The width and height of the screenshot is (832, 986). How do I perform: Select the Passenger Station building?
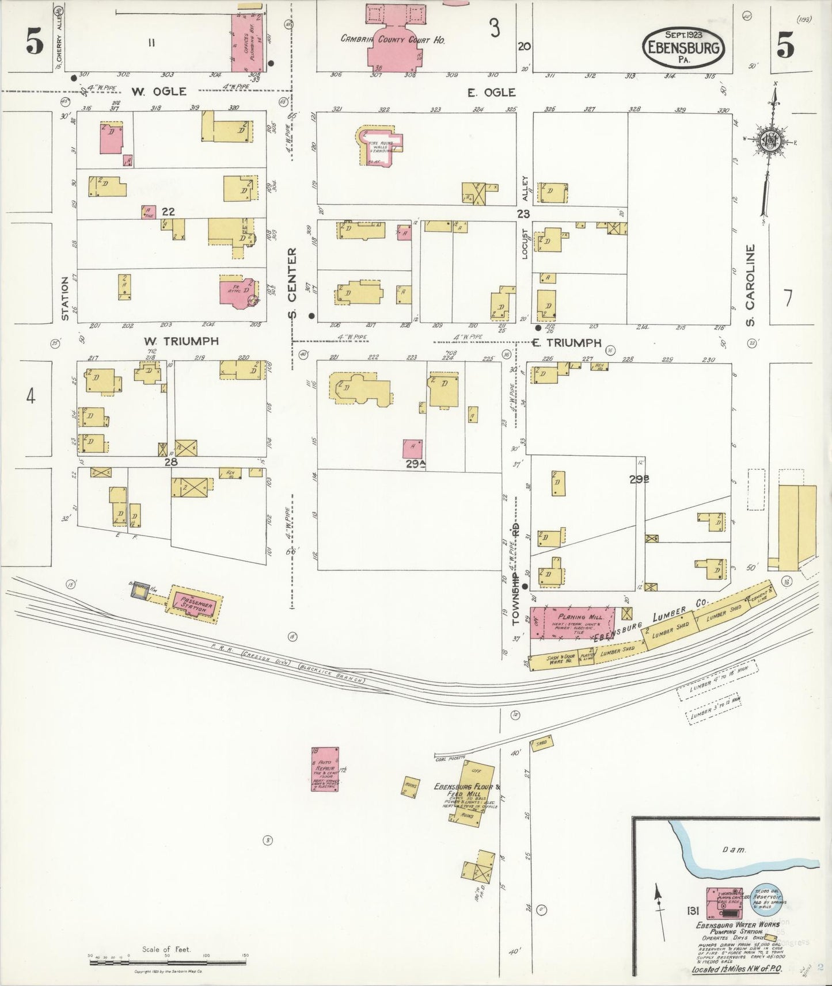point(194,603)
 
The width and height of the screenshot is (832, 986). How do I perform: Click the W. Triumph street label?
point(181,341)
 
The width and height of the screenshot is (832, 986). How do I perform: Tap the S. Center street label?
point(292,283)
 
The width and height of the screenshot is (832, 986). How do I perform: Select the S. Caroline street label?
point(750,285)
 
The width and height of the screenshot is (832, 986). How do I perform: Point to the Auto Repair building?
point(325,769)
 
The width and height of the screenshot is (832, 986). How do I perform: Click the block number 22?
point(168,212)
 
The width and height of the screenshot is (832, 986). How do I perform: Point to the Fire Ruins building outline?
point(381,146)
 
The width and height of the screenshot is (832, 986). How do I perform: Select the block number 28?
point(170,461)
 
